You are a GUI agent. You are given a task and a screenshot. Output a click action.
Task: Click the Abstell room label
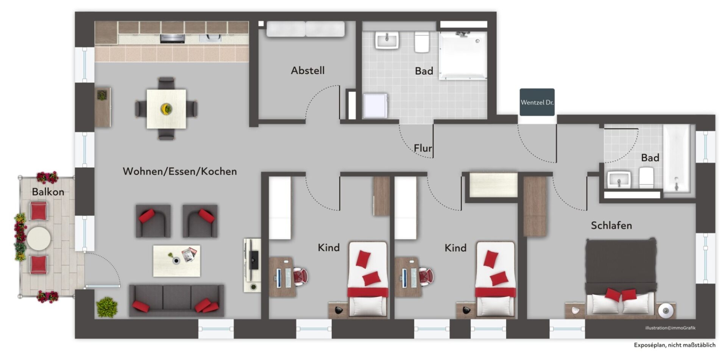(x=307, y=70)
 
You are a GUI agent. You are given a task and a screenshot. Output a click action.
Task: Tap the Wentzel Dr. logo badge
(x=537, y=102)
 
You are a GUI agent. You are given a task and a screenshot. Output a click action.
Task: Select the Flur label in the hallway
(x=423, y=148)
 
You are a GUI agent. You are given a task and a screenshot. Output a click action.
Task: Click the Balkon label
(x=48, y=192)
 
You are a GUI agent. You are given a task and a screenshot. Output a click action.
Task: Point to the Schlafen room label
(x=611, y=226)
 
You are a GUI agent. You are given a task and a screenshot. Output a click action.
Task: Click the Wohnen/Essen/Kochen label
(x=180, y=171)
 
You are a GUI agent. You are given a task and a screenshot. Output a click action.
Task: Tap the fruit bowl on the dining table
(x=166, y=109)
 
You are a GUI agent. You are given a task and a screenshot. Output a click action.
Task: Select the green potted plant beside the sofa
(x=107, y=307)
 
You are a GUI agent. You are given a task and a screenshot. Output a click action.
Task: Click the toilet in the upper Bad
(x=421, y=42)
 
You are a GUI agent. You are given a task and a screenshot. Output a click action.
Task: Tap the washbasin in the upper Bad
(x=387, y=40)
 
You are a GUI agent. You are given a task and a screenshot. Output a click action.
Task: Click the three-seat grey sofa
(x=176, y=301)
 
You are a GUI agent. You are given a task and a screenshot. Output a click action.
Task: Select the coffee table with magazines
(x=177, y=261)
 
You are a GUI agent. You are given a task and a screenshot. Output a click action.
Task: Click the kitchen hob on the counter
(x=172, y=38)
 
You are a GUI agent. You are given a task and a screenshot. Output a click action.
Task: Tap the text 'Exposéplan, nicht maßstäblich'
(x=675, y=345)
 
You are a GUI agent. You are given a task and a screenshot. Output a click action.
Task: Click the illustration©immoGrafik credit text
(x=670, y=328)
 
